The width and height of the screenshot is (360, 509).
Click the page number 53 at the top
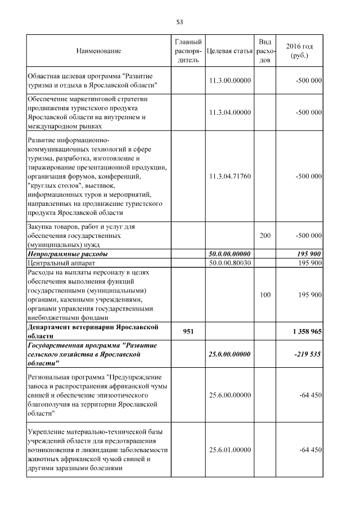click(180, 22)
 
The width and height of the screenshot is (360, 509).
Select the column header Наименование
click(98, 51)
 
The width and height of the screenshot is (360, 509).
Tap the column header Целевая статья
click(229, 51)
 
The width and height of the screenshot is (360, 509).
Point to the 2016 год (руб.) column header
click(299, 51)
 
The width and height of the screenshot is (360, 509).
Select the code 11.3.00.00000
click(229, 81)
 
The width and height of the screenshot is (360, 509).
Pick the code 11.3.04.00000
click(229, 112)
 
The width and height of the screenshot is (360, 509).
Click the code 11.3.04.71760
click(229, 176)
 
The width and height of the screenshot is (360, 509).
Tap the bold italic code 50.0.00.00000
click(229, 254)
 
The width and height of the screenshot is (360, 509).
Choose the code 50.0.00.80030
click(229, 263)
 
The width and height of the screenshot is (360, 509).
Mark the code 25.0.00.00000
click(229, 355)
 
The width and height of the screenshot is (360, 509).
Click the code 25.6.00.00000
click(229, 395)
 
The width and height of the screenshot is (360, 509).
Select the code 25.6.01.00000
click(229, 451)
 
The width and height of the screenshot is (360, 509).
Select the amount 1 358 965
click(307, 331)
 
